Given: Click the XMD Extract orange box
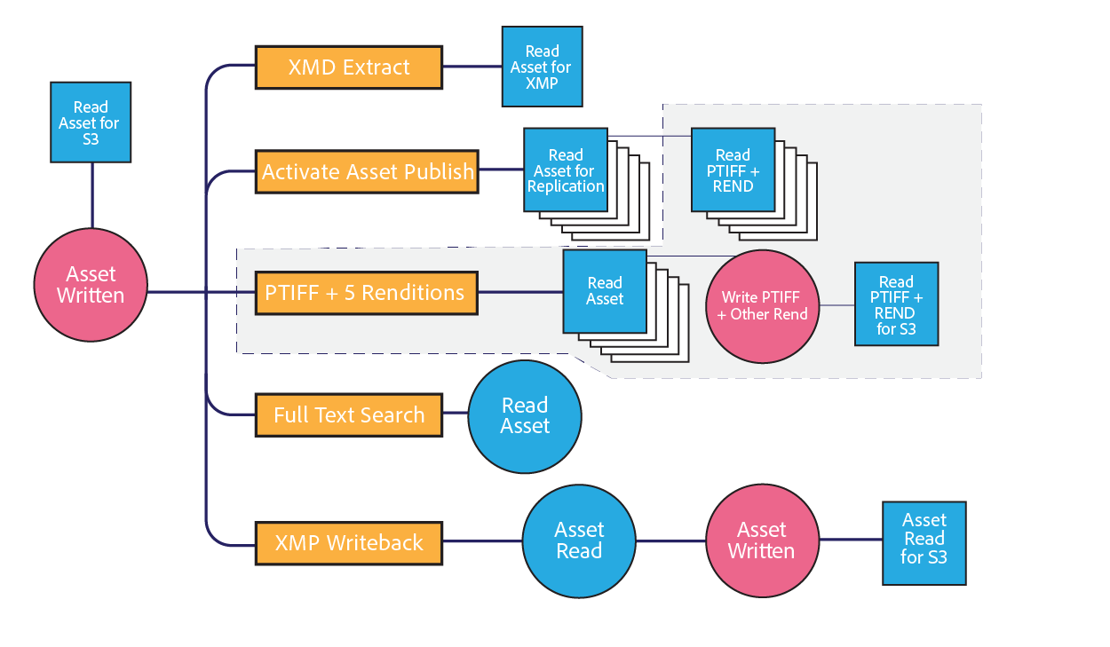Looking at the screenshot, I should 349,67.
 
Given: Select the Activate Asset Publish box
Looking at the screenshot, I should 367,171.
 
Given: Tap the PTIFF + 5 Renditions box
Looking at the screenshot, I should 365,292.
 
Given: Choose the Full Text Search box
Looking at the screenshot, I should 349,414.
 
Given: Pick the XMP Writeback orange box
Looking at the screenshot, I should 349,542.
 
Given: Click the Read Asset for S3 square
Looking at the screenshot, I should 91,122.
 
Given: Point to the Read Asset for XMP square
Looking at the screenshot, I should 542,67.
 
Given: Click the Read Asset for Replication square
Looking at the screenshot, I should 566,170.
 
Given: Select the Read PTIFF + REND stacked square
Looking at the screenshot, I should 733,170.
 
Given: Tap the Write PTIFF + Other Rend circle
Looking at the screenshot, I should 763,305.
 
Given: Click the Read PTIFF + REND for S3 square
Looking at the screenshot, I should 896,304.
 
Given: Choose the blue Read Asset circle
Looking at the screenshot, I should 525,415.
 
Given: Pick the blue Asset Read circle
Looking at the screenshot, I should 579,540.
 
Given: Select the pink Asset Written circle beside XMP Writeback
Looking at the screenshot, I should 762,540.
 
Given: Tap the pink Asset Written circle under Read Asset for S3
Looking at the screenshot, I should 91,284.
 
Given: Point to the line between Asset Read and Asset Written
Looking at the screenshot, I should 670,540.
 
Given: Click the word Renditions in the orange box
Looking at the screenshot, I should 413,292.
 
